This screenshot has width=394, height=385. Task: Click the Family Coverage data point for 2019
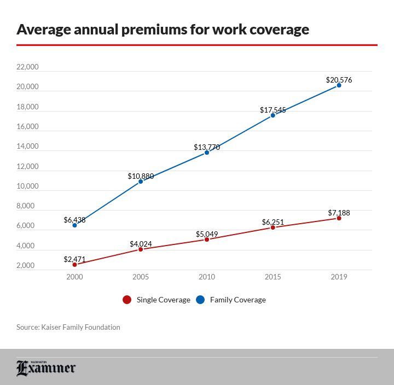click(339, 85)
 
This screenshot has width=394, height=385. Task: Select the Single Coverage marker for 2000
click(74, 265)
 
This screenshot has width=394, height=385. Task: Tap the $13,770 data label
click(207, 147)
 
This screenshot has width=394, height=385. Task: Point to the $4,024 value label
click(141, 244)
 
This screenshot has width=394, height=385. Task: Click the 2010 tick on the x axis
click(207, 277)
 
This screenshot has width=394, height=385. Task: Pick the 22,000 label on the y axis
click(27, 67)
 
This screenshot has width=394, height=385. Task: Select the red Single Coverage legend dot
click(127, 300)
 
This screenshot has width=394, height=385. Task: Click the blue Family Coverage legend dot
click(200, 300)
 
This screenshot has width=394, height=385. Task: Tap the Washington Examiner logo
click(46, 368)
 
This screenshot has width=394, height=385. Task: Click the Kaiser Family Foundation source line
click(68, 327)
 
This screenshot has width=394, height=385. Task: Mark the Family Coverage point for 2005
click(141, 181)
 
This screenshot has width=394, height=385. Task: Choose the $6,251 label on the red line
click(273, 222)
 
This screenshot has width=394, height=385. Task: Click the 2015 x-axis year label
click(273, 277)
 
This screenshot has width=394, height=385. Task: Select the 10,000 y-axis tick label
click(27, 186)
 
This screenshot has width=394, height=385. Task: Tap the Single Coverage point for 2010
click(207, 240)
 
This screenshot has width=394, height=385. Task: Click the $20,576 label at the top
click(339, 80)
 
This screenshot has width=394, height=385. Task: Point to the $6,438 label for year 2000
click(74, 220)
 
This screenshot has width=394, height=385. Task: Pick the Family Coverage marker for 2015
click(273, 115)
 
